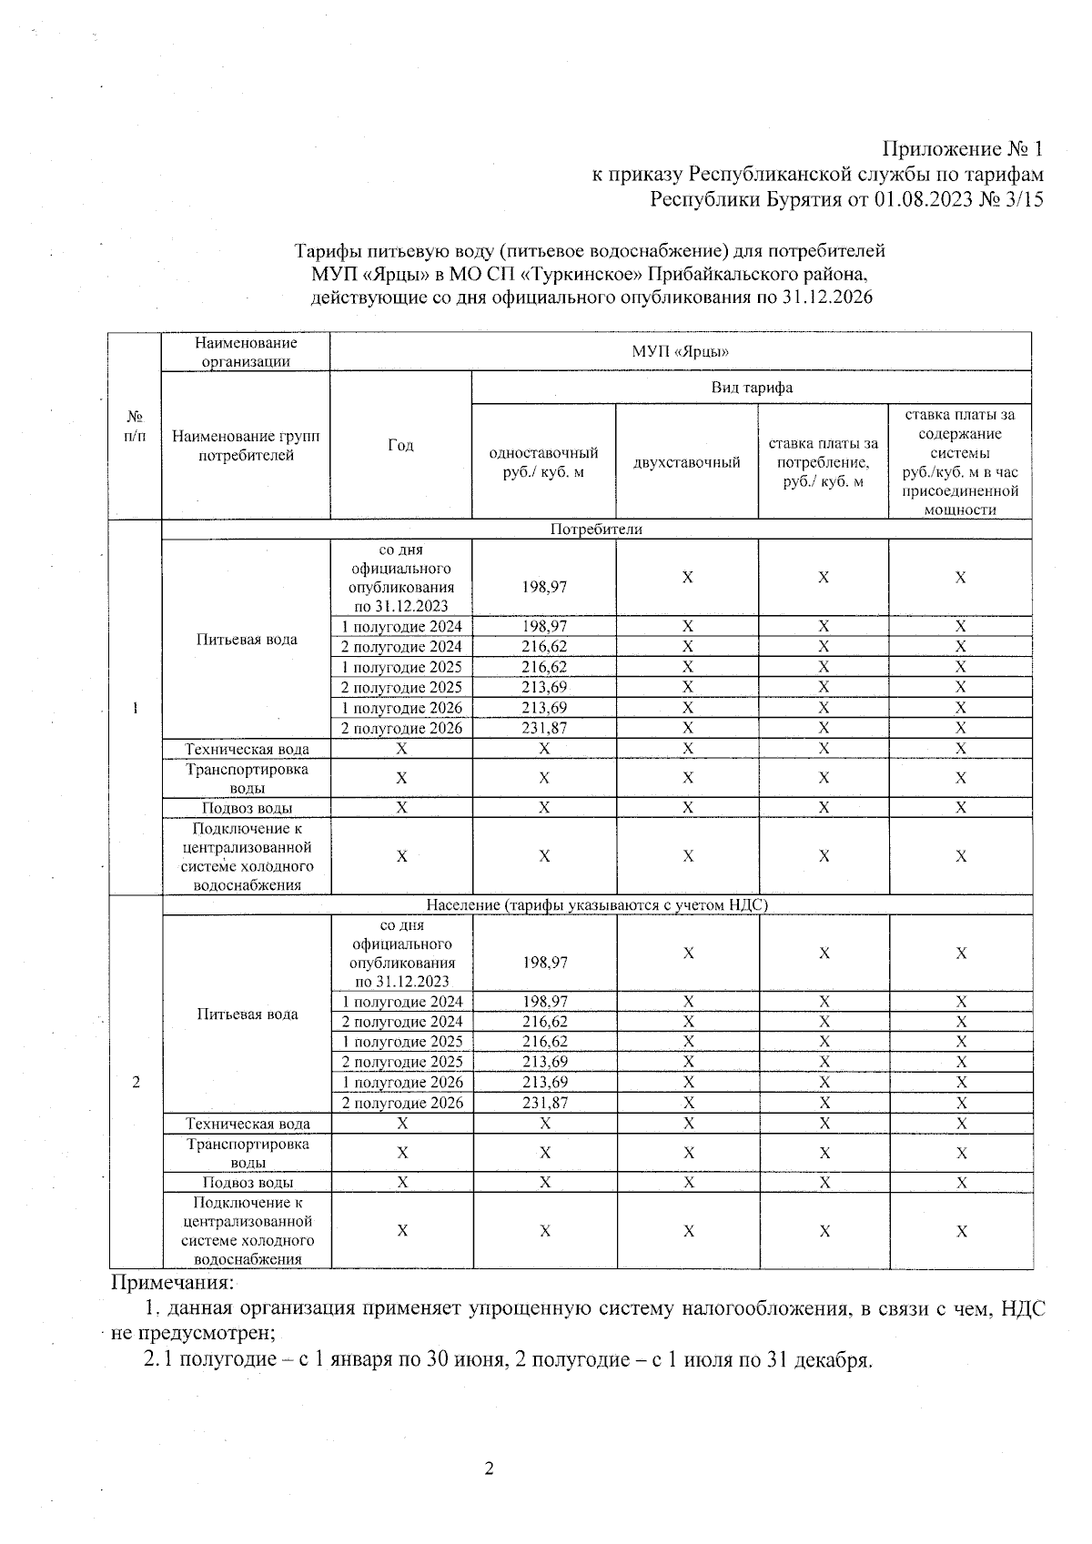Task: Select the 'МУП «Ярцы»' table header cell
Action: point(680,352)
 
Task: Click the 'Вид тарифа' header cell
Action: point(751,388)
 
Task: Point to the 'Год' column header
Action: point(400,445)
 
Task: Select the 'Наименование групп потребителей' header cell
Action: point(246,445)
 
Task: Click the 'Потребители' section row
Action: point(596,530)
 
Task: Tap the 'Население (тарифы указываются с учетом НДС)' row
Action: point(597,905)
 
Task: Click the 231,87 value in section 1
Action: point(544,728)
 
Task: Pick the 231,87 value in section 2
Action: point(545,1103)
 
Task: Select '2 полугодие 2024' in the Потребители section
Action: point(401,647)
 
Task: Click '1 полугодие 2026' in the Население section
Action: point(402,1083)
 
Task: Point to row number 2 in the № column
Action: point(136,1083)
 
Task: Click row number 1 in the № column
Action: point(135,708)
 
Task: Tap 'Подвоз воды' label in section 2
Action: point(247,1183)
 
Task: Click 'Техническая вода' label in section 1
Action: point(247,749)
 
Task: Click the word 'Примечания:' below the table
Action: point(172,1283)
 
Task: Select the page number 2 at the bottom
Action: point(489,1468)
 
